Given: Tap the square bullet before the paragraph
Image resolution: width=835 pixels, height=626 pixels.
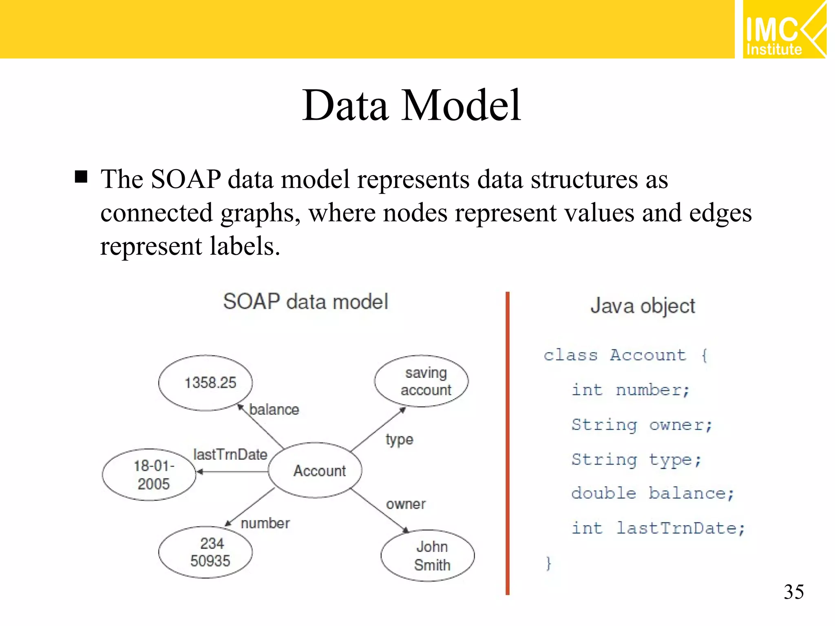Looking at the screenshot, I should (81, 177).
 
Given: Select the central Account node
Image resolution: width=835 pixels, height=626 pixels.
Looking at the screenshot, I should (315, 470).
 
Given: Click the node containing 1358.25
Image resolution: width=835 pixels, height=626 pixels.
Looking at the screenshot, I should (205, 383).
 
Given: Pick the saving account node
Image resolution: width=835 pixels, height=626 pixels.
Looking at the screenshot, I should (422, 381).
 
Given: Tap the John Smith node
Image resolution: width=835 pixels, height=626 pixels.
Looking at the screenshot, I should (428, 555).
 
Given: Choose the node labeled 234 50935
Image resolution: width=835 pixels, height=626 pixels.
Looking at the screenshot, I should (205, 552).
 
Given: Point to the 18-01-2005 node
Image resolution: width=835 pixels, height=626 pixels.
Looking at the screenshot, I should (149, 474).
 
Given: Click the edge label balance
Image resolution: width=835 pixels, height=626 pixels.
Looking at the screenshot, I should (274, 409).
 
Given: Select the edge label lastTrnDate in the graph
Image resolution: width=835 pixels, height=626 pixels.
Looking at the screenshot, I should (230, 454).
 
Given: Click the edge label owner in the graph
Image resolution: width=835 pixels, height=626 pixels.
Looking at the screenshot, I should (405, 504).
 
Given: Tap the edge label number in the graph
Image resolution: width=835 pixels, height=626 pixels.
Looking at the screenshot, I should (265, 523).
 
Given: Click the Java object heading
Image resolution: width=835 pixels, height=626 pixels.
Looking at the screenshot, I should (643, 306).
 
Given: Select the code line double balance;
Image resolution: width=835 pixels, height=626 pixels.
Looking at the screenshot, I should (652, 493).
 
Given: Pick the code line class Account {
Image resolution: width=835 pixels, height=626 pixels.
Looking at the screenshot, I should (625, 355).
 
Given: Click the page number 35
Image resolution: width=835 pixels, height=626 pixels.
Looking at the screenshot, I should (793, 592).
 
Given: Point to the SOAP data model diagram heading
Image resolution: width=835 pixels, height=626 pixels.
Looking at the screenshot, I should (305, 302).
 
